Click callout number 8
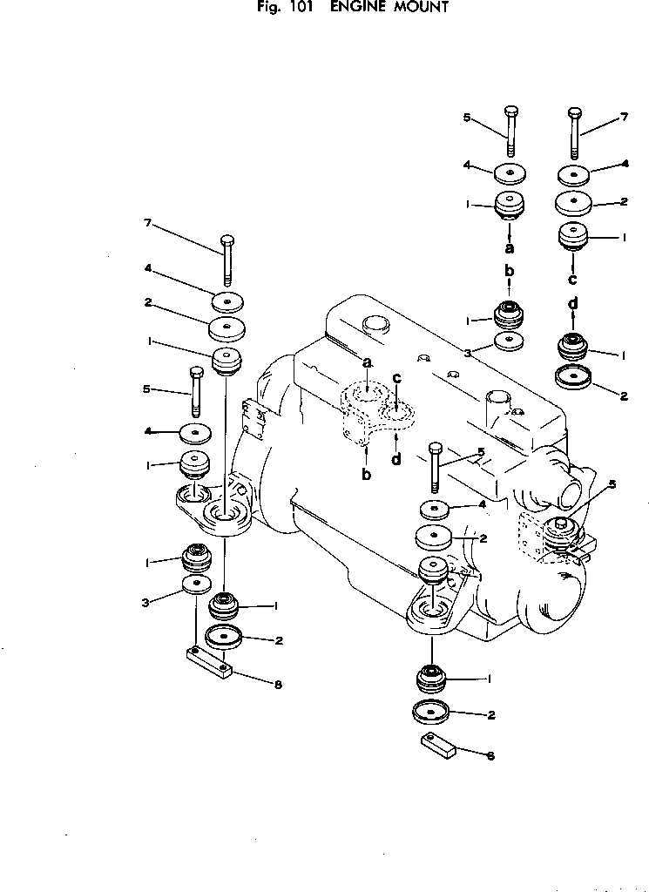(277, 685)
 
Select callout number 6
(490, 756)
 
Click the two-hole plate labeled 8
(209, 662)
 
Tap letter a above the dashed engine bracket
(367, 362)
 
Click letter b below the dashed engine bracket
(367, 475)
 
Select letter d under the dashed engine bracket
(396, 459)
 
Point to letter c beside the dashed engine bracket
(396, 379)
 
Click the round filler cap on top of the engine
(373, 324)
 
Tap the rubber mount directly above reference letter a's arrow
(510, 207)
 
